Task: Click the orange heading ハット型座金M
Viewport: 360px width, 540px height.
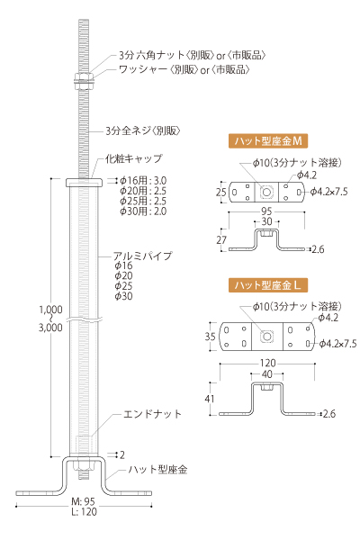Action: click(268, 141)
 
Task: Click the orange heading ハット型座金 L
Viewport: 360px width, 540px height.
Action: click(268, 285)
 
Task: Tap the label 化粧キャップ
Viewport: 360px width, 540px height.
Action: click(134, 159)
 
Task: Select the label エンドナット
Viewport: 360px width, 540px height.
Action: click(152, 414)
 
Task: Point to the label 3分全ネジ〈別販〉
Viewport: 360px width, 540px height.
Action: click(143, 130)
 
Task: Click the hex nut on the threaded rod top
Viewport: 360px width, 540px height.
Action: click(84, 76)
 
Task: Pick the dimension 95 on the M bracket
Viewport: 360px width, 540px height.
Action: click(266, 211)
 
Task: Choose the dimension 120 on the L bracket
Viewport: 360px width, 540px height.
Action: click(267, 363)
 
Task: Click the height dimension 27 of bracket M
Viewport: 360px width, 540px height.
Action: click(221, 240)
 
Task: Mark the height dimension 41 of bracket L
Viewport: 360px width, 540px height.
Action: click(210, 399)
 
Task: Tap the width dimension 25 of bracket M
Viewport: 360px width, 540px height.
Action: click(221, 192)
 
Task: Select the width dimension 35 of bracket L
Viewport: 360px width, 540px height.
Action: click(210, 337)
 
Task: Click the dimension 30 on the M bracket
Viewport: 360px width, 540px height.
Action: click(266, 221)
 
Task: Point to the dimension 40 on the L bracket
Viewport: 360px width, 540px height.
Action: click(267, 374)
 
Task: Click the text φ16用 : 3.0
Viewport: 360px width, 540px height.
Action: click(143, 181)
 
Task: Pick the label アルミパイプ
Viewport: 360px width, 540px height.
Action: click(142, 256)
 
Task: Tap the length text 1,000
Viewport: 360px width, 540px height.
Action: click(50, 310)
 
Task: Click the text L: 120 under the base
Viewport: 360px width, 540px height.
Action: click(84, 512)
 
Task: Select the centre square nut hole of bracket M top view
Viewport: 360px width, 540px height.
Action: click(266, 192)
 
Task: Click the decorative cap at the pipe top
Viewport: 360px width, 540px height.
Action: click(84, 182)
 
